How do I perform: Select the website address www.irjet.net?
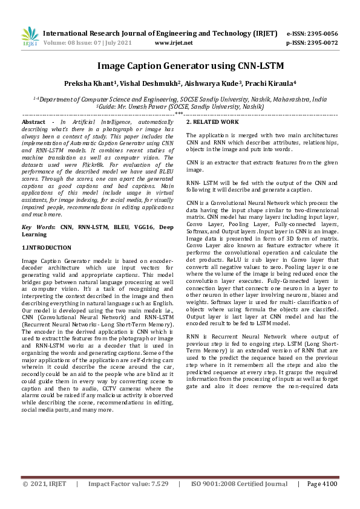click(174, 43)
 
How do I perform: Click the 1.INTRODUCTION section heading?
click(47, 248)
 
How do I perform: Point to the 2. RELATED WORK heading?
click(212, 122)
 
